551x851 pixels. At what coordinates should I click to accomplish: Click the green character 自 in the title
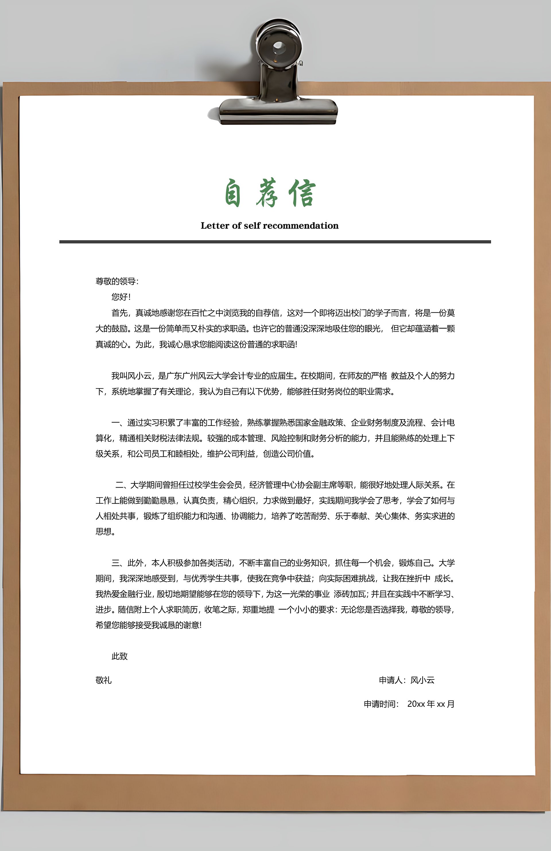click(x=233, y=193)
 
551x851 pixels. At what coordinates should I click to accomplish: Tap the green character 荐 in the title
click(x=267, y=193)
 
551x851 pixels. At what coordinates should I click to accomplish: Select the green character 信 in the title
click(x=302, y=193)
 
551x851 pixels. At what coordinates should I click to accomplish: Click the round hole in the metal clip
click(x=279, y=47)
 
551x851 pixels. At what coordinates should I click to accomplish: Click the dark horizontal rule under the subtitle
click(x=275, y=242)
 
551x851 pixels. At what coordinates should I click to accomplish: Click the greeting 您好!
click(x=121, y=297)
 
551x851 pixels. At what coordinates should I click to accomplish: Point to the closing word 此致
click(x=120, y=656)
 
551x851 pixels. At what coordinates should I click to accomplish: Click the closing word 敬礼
click(x=104, y=680)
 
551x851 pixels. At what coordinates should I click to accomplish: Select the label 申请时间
click(x=380, y=704)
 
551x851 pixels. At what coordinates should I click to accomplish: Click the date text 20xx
click(x=416, y=704)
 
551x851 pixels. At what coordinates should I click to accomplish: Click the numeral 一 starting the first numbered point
click(x=115, y=423)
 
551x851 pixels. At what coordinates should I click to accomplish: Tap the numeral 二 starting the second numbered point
click(x=120, y=485)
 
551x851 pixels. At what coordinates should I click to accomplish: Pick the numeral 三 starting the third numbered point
click(x=115, y=563)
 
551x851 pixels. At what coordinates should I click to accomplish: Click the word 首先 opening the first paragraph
click(x=120, y=313)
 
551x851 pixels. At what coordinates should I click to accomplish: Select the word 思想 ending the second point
click(x=104, y=532)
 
